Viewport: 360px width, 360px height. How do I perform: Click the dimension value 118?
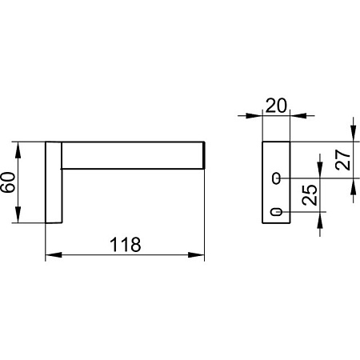125,245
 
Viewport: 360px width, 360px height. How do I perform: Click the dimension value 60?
8,182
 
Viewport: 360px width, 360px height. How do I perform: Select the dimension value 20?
276,106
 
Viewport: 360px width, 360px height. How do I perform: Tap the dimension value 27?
343,160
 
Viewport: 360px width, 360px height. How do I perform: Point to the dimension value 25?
310,195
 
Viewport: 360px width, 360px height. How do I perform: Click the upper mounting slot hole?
276,178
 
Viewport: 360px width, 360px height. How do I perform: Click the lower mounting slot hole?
276,212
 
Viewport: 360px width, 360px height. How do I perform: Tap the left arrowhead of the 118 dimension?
54,255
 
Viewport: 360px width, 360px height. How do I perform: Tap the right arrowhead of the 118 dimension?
196,255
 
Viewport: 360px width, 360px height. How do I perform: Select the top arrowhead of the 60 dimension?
18,150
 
